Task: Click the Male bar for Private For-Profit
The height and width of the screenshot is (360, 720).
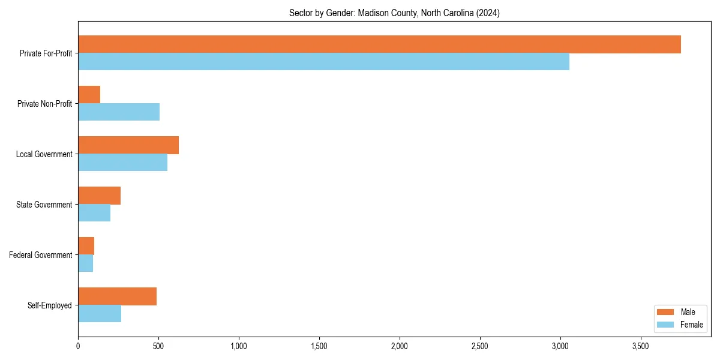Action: pyautogui.click(x=379, y=44)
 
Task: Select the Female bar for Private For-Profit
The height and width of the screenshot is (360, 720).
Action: pyautogui.click(x=323, y=62)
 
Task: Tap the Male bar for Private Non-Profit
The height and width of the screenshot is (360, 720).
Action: pyautogui.click(x=89, y=95)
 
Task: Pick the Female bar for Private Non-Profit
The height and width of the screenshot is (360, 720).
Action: pyautogui.click(x=119, y=112)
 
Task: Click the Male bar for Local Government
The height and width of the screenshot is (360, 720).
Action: pyautogui.click(x=128, y=145)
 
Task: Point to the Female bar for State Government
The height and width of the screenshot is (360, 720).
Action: pyautogui.click(x=94, y=213)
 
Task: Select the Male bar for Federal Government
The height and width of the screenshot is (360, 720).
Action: pyautogui.click(x=86, y=246)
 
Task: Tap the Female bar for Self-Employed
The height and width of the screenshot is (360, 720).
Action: pyautogui.click(x=100, y=314)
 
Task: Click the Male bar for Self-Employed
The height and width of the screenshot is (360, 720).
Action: pyautogui.click(x=117, y=296)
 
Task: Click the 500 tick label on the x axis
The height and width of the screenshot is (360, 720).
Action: pyautogui.click(x=158, y=346)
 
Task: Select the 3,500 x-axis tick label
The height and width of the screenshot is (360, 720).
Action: pyautogui.click(x=640, y=346)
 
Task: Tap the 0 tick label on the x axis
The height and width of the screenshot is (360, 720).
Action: pyautogui.click(x=78, y=346)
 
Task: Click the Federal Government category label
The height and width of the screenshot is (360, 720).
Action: pyautogui.click(x=41, y=255)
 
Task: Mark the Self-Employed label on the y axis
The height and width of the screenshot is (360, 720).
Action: pyautogui.click(x=49, y=305)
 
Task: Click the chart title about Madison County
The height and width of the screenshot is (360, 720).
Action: pyautogui.click(x=394, y=13)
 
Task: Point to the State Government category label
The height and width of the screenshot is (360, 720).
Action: pyautogui.click(x=44, y=205)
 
